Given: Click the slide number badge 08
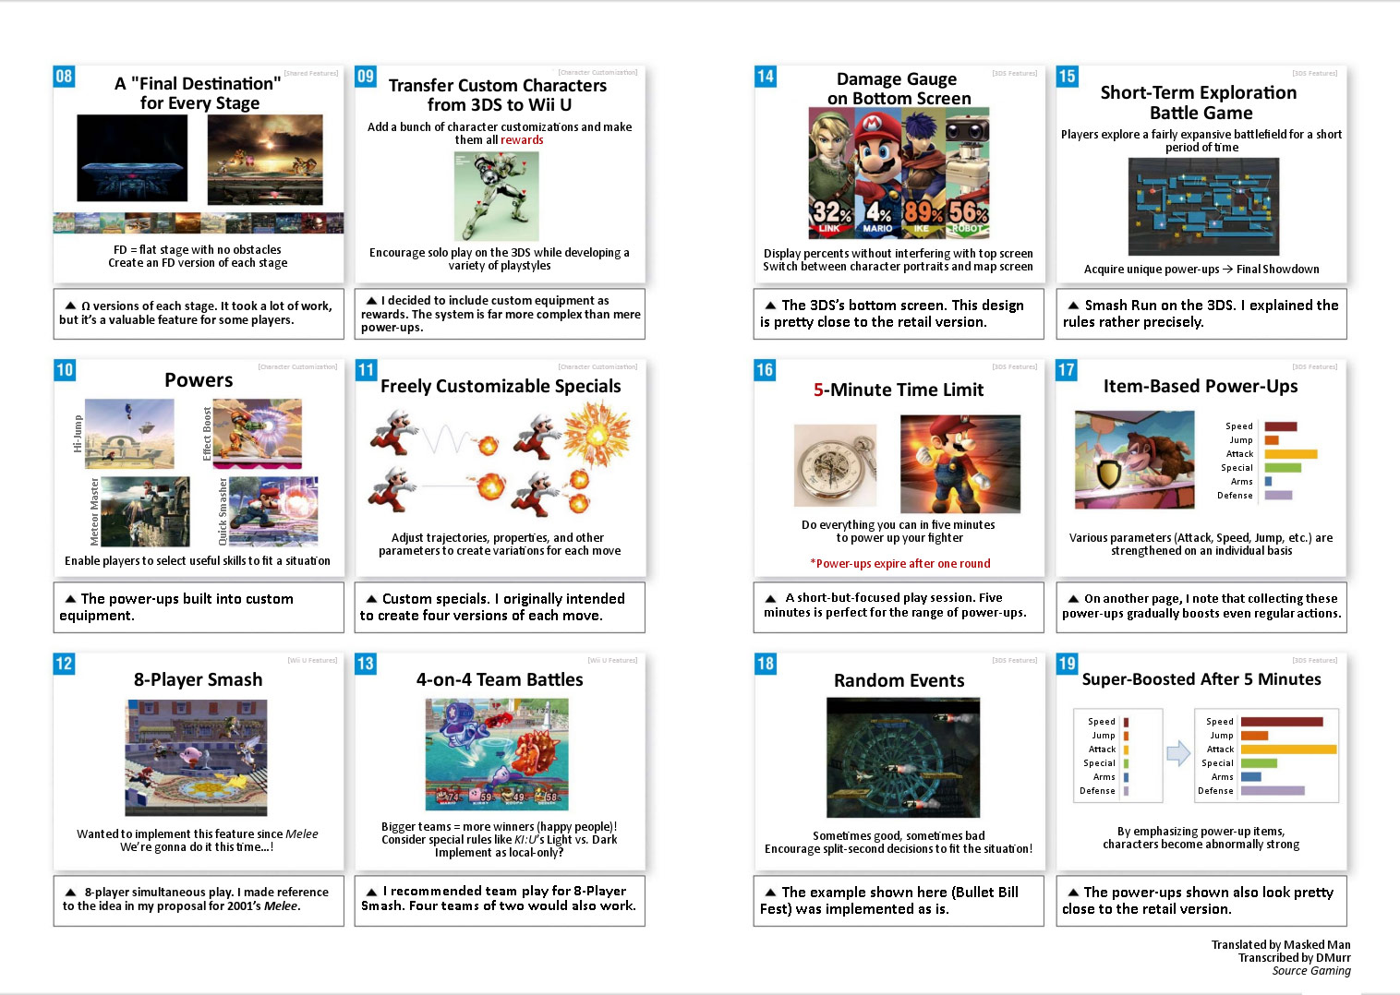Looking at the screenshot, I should click(64, 77).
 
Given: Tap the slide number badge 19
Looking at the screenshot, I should click(1067, 664).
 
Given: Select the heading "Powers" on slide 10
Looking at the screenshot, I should click(199, 380).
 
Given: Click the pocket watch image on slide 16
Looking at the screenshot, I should click(835, 466).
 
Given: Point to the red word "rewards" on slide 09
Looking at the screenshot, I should click(522, 140).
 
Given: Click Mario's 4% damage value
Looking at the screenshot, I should click(878, 213).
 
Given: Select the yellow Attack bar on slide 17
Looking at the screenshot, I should click(1290, 454).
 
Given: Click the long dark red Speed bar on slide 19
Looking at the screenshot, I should click(1282, 722).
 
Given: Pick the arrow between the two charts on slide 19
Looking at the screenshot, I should click(1178, 753).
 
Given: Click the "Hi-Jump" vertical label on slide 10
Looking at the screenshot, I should click(78, 434).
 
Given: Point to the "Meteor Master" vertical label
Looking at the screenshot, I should click(94, 511).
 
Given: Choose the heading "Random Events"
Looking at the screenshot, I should click(899, 681).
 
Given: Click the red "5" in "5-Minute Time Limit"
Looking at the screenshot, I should click(818, 390).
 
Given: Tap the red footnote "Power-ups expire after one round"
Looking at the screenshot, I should click(900, 564).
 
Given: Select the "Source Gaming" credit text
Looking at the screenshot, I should click(1310, 971).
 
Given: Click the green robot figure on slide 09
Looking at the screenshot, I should click(496, 197).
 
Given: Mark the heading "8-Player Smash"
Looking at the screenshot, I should click(198, 680).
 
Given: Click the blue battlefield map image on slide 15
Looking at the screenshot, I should click(1203, 207).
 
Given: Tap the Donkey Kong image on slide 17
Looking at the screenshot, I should click(1134, 460).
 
